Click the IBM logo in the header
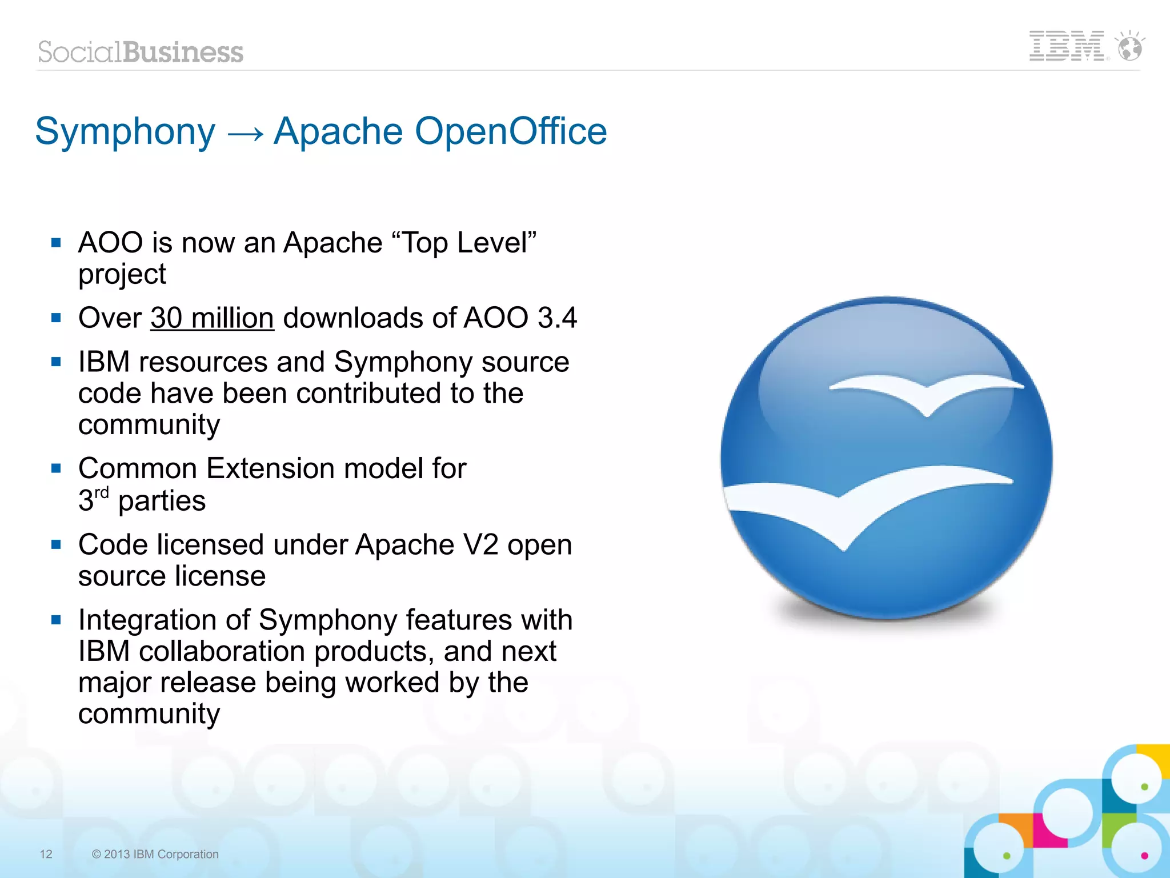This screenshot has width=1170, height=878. [x=1066, y=46]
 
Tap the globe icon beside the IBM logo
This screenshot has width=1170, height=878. [x=1130, y=47]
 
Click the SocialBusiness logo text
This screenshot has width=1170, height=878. [x=141, y=53]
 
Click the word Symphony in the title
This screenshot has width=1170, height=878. [x=125, y=132]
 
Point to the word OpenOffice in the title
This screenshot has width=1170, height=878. [x=510, y=131]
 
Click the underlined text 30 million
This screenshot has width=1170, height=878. [x=212, y=318]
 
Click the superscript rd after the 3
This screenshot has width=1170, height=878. [x=101, y=492]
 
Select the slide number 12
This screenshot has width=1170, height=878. [x=46, y=854]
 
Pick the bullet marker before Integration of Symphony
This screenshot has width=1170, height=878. [x=56, y=620]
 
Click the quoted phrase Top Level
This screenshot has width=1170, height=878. [x=464, y=243]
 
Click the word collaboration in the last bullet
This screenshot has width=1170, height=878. [x=222, y=652]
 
